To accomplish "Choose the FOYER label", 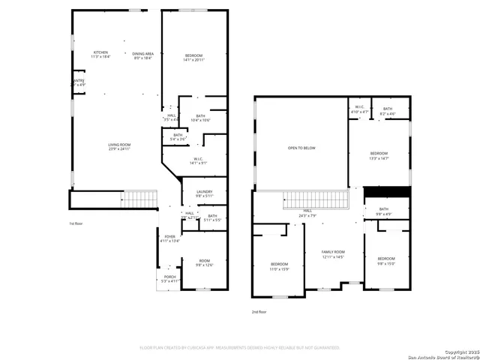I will click(x=170, y=238).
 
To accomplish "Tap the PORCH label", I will click(x=170, y=278).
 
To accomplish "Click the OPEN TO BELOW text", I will click(x=301, y=148).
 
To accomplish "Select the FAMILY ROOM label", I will click(x=333, y=253).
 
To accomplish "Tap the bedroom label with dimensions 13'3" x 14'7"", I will click(x=379, y=155).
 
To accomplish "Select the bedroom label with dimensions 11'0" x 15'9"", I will click(x=279, y=266).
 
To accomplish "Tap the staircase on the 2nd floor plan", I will click(x=316, y=201).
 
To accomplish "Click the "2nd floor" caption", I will click(x=259, y=310).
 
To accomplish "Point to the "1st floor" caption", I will click(x=76, y=223).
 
